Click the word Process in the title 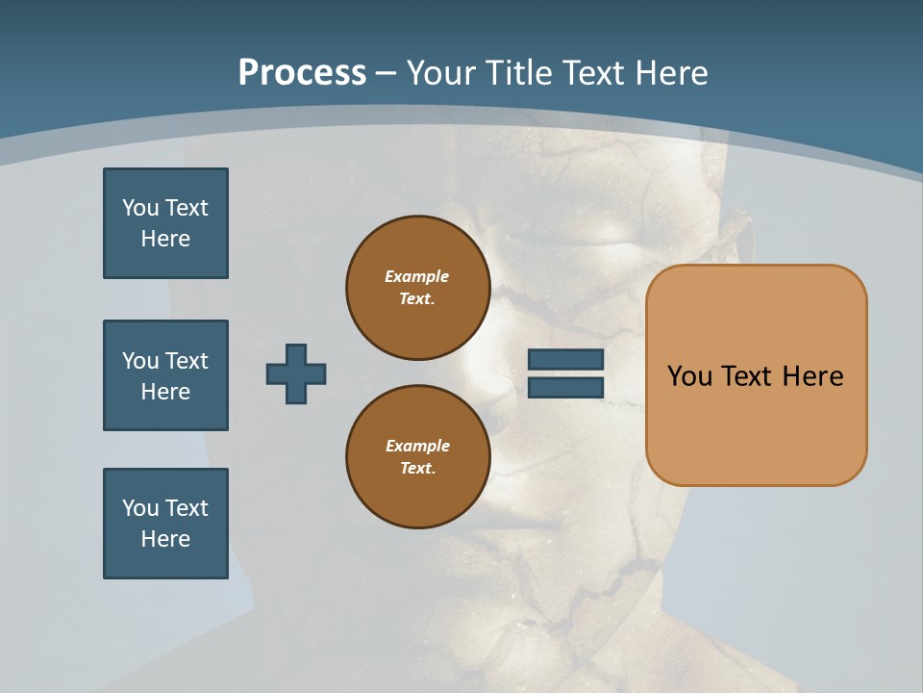click(x=302, y=73)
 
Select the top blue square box click(x=165, y=223)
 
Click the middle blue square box click(x=165, y=375)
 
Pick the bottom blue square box click(x=165, y=524)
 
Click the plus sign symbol click(x=296, y=373)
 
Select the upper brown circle click(x=418, y=288)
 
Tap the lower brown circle click(x=418, y=457)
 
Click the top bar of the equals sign click(x=565, y=359)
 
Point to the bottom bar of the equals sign click(x=565, y=387)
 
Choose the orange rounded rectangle click(x=756, y=375)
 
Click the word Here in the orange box click(x=812, y=376)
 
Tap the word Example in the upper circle click(x=416, y=276)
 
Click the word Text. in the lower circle click(x=417, y=469)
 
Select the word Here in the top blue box click(x=165, y=239)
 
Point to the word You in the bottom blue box click(x=140, y=508)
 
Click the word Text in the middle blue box click(x=187, y=361)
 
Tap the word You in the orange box click(x=689, y=376)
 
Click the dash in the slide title click(x=387, y=74)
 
